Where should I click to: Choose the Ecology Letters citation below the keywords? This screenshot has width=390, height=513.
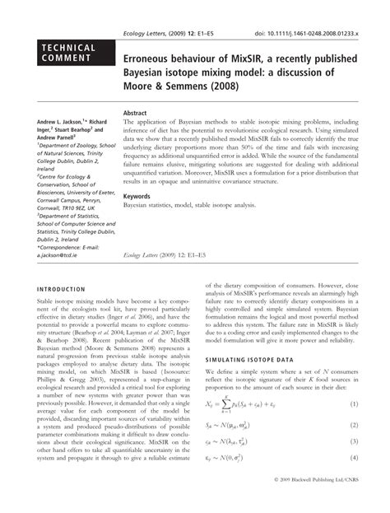168,257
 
